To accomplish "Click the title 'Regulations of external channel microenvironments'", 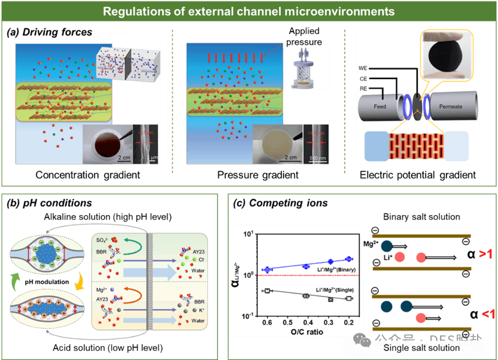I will pos(248,11).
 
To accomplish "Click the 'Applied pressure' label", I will pos(305,37).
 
